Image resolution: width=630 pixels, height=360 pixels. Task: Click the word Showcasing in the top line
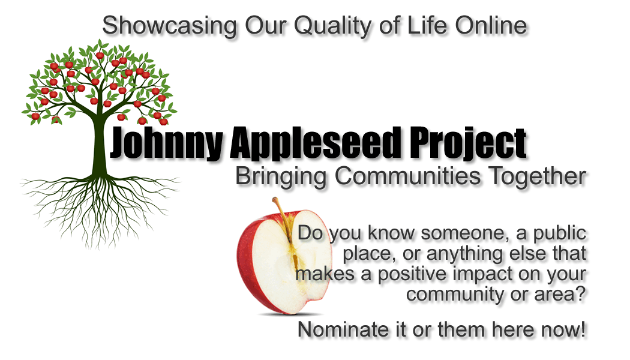click(x=169, y=26)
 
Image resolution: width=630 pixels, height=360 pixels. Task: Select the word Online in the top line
click(x=491, y=25)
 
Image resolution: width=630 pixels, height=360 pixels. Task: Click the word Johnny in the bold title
click(x=166, y=143)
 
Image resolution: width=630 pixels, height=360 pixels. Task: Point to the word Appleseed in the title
click(x=316, y=143)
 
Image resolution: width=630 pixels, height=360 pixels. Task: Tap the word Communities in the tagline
click(x=407, y=176)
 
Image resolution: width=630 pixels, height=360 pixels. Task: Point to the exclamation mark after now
click(x=582, y=329)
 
